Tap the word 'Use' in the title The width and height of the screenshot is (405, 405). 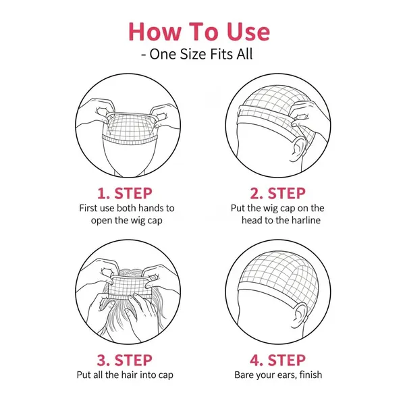click(x=248, y=32)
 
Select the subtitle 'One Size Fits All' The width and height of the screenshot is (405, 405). click(x=201, y=54)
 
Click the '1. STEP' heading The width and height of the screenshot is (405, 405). click(x=125, y=194)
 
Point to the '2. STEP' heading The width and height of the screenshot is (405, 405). click(x=277, y=194)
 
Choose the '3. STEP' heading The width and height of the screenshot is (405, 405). click(x=125, y=360)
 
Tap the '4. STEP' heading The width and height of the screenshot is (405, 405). click(x=277, y=360)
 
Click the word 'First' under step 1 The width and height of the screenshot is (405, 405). click(x=88, y=208)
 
